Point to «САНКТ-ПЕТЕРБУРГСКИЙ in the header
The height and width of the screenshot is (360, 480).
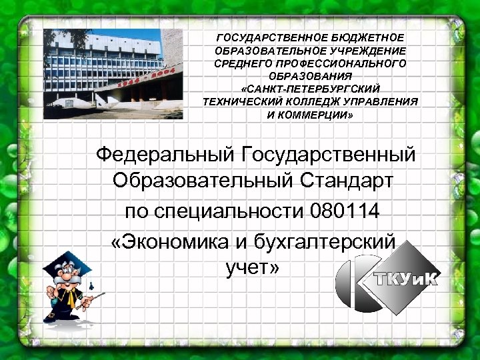[310, 89]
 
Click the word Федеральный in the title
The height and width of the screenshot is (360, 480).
[163, 155]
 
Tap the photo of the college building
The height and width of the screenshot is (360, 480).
[103, 73]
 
